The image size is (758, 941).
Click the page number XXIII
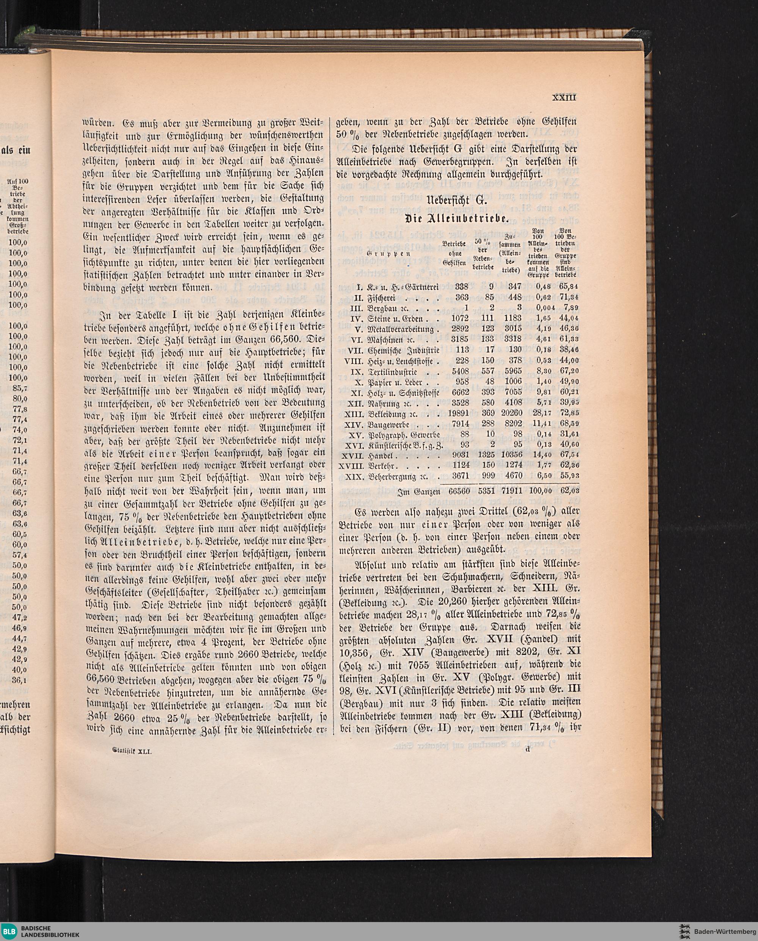(x=564, y=97)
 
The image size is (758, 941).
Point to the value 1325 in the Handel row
(x=486, y=455)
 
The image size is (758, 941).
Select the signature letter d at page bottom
(x=527, y=749)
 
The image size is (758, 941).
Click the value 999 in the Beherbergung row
(x=488, y=476)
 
